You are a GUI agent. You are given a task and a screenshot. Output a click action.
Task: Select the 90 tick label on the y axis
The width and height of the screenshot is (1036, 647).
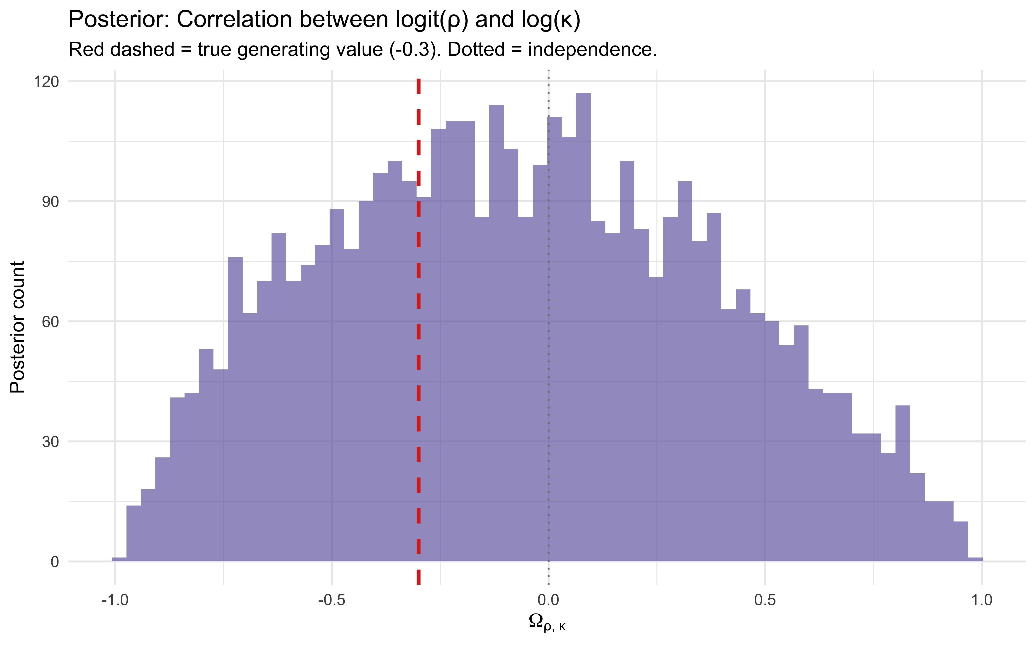tap(50, 202)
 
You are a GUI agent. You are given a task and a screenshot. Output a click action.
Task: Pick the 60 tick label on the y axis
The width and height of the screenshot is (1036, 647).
tap(50, 322)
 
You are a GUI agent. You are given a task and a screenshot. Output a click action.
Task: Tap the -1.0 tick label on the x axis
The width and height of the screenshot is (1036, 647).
tap(115, 600)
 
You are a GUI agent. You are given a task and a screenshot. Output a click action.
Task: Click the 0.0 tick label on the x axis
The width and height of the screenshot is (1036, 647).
tap(548, 600)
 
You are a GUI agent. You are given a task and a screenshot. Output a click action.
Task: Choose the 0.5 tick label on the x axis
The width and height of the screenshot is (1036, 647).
tap(765, 600)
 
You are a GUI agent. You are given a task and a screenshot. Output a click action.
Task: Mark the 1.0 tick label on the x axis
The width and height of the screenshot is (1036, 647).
tap(982, 600)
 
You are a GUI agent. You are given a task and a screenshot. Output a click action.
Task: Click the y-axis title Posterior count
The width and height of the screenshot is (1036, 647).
tap(18, 327)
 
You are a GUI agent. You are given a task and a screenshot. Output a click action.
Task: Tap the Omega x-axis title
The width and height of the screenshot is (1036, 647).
tap(547, 623)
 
